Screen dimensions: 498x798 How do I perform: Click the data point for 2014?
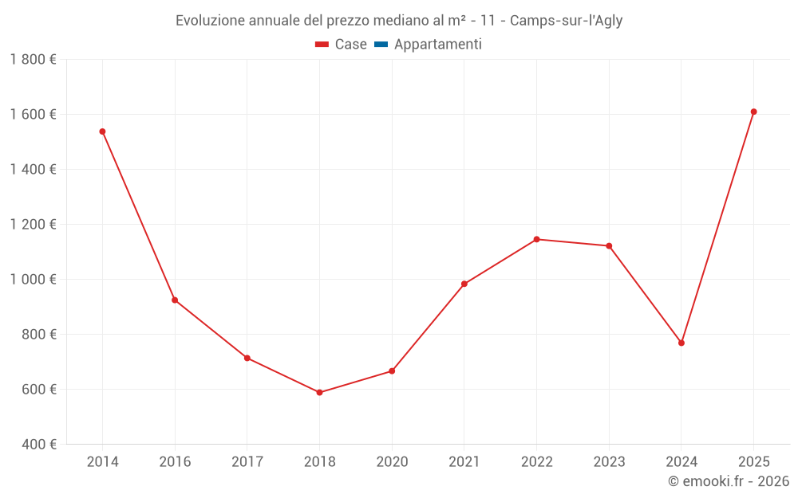(x=102, y=131)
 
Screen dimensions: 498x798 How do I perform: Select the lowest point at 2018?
(x=319, y=392)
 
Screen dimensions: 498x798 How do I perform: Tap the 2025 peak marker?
(x=753, y=112)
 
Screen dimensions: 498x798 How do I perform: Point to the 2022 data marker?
(x=536, y=239)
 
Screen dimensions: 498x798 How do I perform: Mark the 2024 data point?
(x=681, y=343)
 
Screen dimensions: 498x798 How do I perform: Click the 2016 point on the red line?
(x=175, y=300)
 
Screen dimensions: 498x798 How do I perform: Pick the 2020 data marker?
(x=392, y=371)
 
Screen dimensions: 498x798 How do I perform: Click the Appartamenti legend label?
(x=437, y=45)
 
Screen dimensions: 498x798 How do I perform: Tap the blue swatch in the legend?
(x=381, y=45)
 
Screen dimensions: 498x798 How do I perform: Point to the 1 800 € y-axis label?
(x=33, y=60)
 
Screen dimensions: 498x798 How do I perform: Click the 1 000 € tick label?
(x=33, y=280)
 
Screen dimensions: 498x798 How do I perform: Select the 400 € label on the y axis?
(x=38, y=444)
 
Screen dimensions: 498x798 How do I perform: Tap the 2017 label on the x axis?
(x=247, y=461)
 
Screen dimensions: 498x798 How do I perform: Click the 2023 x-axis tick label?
(x=609, y=461)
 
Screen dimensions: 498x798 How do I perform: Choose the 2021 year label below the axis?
(x=464, y=461)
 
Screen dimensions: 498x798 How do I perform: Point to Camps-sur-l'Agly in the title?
(x=566, y=21)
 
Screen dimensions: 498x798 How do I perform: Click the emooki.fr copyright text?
(x=729, y=481)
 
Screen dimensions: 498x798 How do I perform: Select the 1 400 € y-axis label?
(x=33, y=170)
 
